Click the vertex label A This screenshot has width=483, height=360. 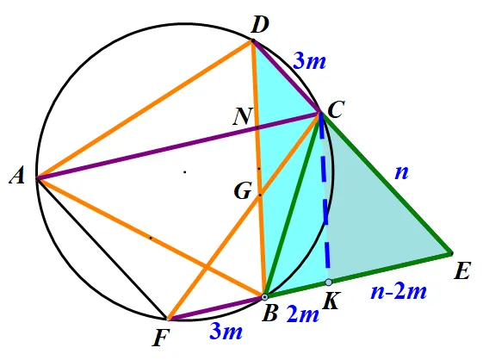click(x=17, y=177)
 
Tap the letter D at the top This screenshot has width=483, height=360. click(x=260, y=24)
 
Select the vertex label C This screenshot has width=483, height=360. click(x=336, y=109)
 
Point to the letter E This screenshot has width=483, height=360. click(x=462, y=271)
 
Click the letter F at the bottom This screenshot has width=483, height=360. click(x=161, y=338)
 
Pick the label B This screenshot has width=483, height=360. click(x=269, y=313)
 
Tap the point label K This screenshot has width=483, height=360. click(x=331, y=301)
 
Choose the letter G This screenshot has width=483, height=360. click(x=244, y=191)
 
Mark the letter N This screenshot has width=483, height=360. click(x=243, y=116)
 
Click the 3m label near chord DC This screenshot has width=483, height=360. click(x=309, y=61)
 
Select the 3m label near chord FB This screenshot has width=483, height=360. click(x=226, y=332)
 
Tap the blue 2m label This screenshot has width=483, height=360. click(x=302, y=314)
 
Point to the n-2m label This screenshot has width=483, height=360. click(x=399, y=292)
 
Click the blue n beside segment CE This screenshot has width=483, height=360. click(x=402, y=173)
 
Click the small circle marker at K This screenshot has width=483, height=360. click(x=329, y=282)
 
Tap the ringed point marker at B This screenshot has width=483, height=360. click(x=264, y=297)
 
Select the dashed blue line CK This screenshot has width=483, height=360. click(x=325, y=197)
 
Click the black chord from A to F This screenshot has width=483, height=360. click(x=102, y=248)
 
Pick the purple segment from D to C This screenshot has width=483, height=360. click(x=286, y=77)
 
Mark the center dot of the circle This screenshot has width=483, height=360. click(x=185, y=172)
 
